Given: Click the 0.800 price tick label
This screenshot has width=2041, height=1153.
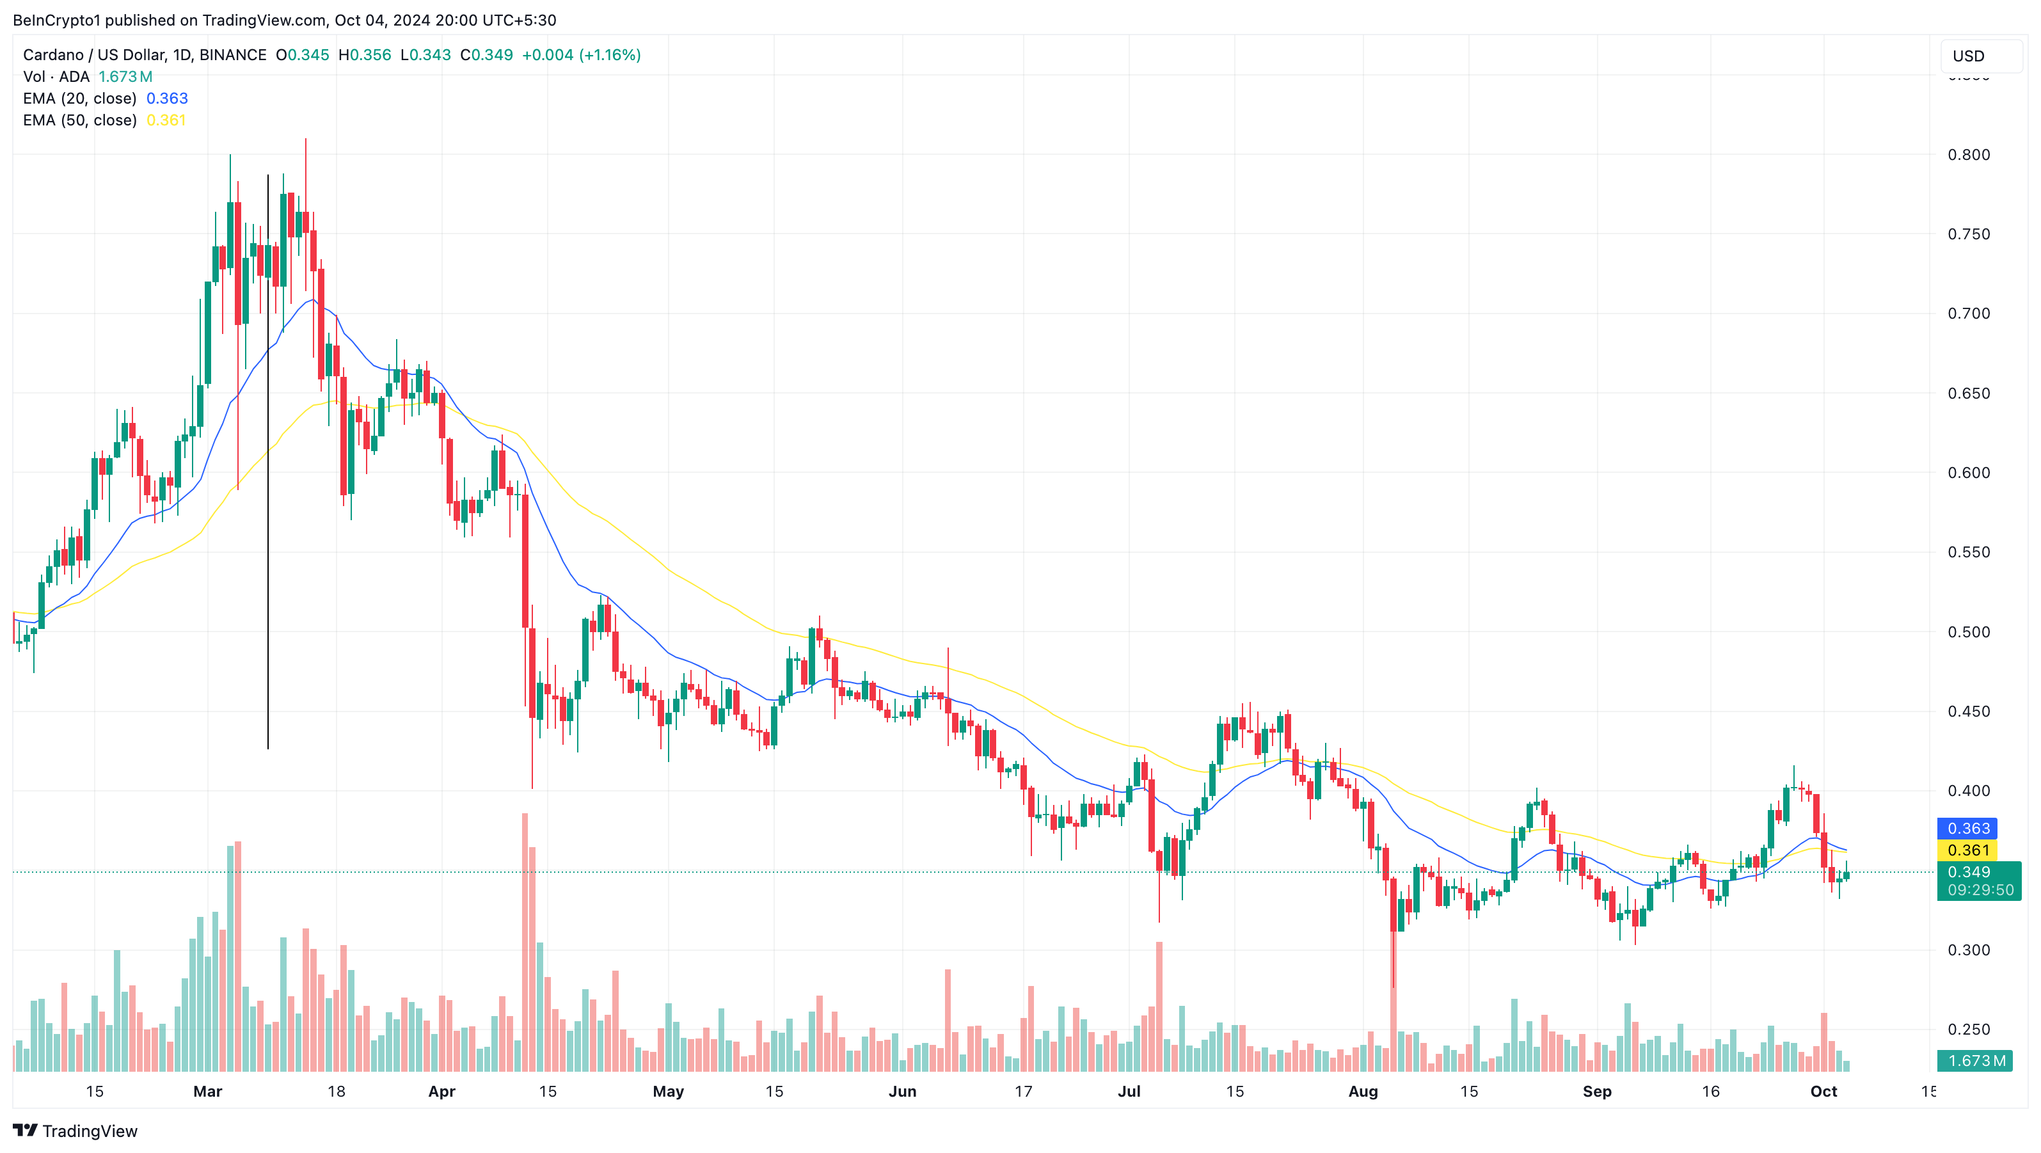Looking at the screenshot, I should (1968, 155).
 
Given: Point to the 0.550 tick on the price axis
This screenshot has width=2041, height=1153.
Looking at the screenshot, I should (1968, 552).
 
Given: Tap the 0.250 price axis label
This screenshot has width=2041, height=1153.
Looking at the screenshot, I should (1968, 1030).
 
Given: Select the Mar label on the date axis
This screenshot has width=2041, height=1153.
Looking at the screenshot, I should (207, 1091).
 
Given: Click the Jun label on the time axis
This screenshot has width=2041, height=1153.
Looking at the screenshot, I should (901, 1091).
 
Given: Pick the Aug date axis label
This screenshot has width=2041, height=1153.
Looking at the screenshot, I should (1363, 1091).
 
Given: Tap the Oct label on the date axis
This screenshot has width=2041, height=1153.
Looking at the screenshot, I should (1823, 1091).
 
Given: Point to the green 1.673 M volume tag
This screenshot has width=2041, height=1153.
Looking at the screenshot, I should (1978, 1060).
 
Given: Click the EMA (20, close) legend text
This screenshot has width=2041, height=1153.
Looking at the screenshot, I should (79, 99).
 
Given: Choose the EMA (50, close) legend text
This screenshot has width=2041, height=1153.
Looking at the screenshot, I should (79, 120).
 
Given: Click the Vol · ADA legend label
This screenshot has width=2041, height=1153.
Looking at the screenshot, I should (56, 77).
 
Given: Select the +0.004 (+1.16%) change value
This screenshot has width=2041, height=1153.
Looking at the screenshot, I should (581, 54).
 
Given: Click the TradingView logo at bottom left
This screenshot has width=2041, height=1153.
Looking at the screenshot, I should (75, 1131).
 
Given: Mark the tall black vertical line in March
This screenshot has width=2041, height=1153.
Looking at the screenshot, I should (268, 459).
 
